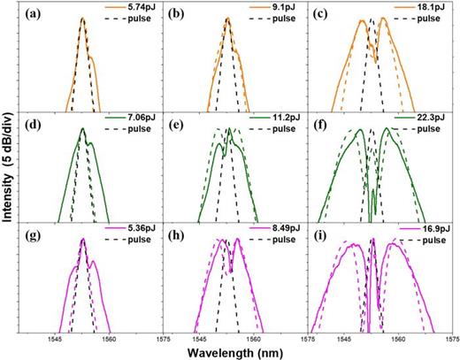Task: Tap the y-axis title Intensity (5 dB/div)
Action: pos(8,177)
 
